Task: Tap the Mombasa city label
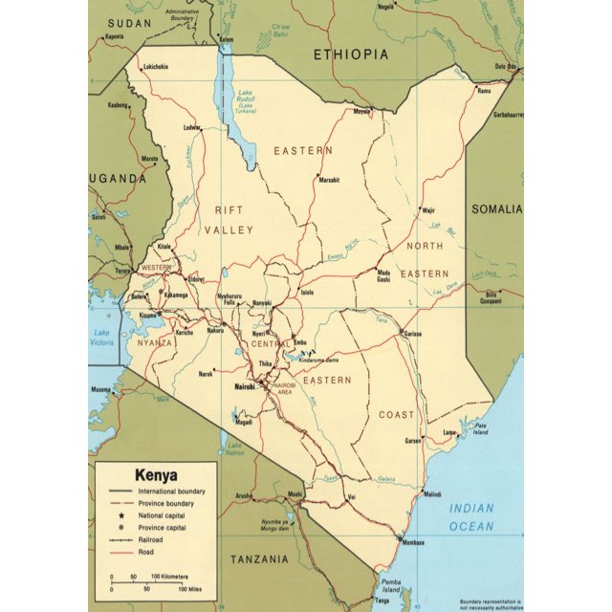413,542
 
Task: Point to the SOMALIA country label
497,208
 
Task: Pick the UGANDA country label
118,178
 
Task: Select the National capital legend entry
165,514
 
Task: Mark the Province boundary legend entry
166,502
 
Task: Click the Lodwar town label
192,127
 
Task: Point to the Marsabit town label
330,180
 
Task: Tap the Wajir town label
428,209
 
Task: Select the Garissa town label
412,334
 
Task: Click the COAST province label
397,414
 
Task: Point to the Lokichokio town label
155,66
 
